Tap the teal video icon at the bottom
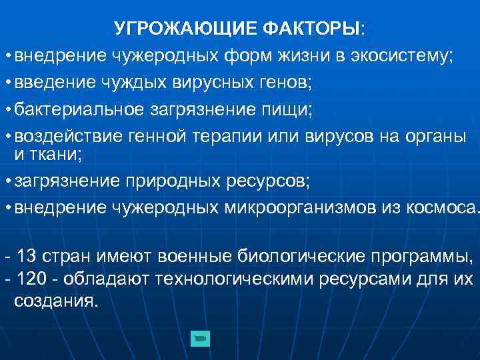tap(199, 339)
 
